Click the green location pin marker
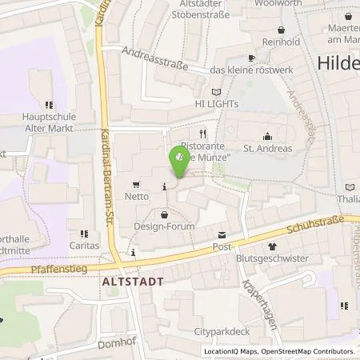[x=178, y=162]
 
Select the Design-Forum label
[x=165, y=227]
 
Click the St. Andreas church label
[x=267, y=148]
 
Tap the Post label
[x=222, y=247]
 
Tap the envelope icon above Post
[x=222, y=234]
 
